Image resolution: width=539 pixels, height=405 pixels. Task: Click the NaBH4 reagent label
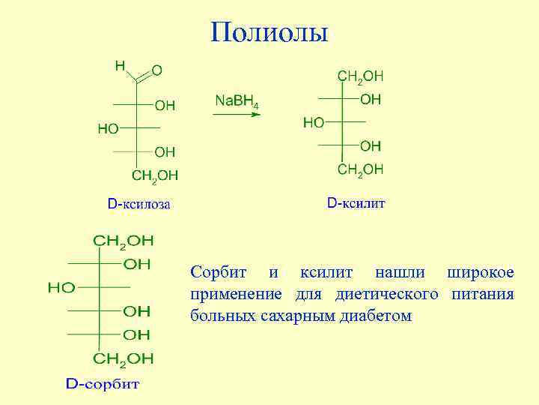pyautogui.click(x=237, y=101)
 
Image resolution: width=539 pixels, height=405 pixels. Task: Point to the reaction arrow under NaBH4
pyautogui.click(x=237, y=115)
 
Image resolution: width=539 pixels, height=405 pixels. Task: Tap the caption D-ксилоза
pyautogui.click(x=138, y=203)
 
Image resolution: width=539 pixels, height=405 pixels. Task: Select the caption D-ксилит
pyautogui.click(x=356, y=203)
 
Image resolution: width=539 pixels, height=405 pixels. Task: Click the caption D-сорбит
pyautogui.click(x=103, y=385)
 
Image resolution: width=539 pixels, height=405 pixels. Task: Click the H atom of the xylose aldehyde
pyautogui.click(x=120, y=66)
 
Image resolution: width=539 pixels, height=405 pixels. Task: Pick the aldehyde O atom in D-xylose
pyautogui.click(x=157, y=70)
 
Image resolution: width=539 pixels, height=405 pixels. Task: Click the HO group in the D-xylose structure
pyautogui.click(x=108, y=129)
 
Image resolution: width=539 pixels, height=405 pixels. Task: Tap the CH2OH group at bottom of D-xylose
pyautogui.click(x=155, y=175)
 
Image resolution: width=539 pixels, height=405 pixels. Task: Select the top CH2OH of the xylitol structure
pyautogui.click(x=361, y=76)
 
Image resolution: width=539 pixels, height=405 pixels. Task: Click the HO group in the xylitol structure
pyautogui.click(x=314, y=122)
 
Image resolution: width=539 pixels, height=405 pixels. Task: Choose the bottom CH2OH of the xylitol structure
pyautogui.click(x=360, y=169)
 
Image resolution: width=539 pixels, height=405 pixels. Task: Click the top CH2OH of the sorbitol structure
pyautogui.click(x=123, y=241)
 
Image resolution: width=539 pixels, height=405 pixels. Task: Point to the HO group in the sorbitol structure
pyautogui.click(x=61, y=287)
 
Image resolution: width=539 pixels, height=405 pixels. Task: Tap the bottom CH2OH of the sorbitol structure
pyautogui.click(x=124, y=358)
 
